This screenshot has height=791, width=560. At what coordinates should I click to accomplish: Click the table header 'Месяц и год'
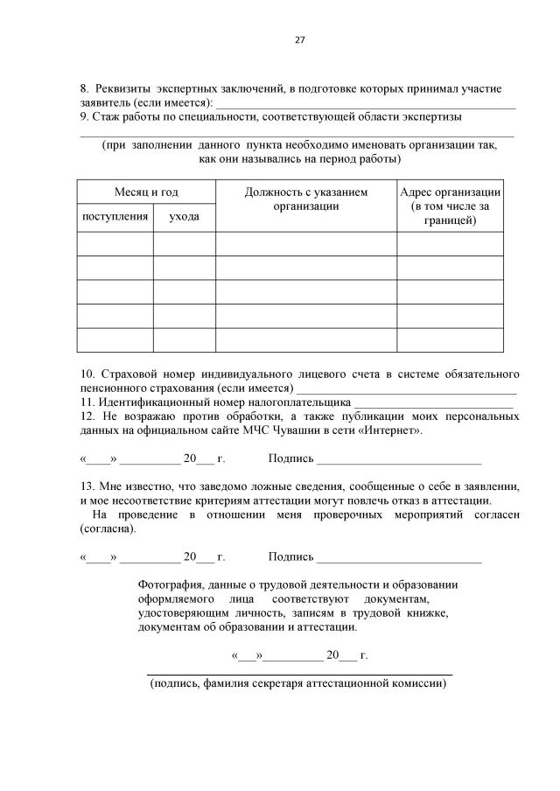pyautogui.click(x=146, y=192)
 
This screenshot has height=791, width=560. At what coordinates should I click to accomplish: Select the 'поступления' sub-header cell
pyautogui.click(x=115, y=215)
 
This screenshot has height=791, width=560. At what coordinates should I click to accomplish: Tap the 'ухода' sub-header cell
pyautogui.click(x=184, y=215)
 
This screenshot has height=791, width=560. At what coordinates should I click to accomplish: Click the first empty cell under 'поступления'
pyautogui.click(x=115, y=244)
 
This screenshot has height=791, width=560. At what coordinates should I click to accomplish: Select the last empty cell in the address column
pyautogui.click(x=450, y=339)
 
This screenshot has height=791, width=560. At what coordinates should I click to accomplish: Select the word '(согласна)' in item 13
pyautogui.click(x=107, y=529)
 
